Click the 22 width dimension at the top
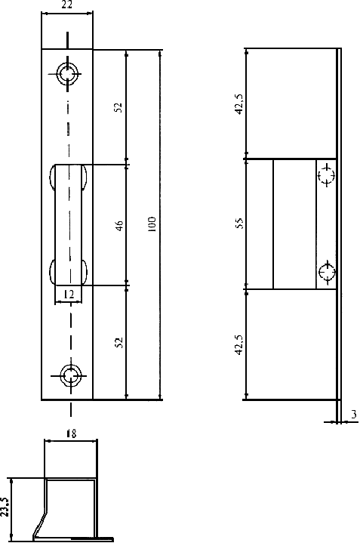(x=66, y=5)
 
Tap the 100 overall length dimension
(x=152, y=224)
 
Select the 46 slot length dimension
(x=118, y=226)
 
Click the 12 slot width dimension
(x=69, y=295)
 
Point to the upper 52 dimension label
(x=118, y=107)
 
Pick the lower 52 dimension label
(x=118, y=343)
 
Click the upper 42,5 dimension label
(x=239, y=104)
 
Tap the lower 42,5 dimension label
(x=239, y=344)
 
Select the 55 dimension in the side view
(x=239, y=223)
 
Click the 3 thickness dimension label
(x=353, y=415)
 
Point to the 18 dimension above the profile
(x=71, y=433)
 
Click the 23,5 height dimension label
(x=5, y=507)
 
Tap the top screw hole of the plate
(x=67, y=74)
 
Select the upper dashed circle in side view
(x=327, y=174)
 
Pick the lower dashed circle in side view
(x=327, y=272)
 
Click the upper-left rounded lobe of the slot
(x=52, y=177)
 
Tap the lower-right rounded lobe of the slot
(x=85, y=271)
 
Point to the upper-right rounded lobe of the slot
(x=85, y=177)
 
